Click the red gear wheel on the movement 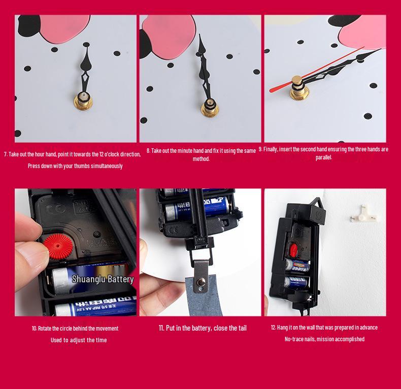pos(58,246)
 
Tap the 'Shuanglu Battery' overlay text pos(103,279)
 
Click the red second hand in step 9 pos(317,70)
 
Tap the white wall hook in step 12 pos(363,213)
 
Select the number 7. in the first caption pos(6,154)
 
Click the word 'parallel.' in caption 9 pos(324,157)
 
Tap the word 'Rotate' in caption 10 pos(45,329)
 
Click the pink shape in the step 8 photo pos(169,37)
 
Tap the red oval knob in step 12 pos(293,249)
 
